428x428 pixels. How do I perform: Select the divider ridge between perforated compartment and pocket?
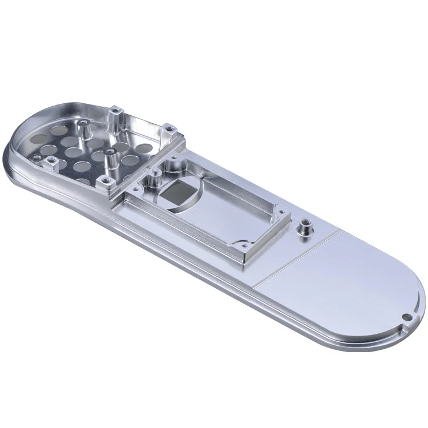click(143, 165)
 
